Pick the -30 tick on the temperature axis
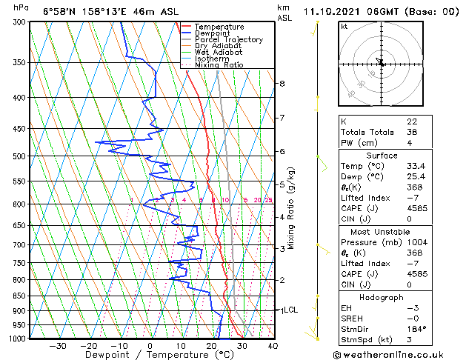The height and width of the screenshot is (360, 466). (x=58, y=345)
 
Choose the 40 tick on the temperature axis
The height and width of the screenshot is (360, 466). (x=273, y=345)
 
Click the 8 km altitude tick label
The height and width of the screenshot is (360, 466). (x=282, y=84)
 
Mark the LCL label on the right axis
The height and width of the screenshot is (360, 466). (x=290, y=310)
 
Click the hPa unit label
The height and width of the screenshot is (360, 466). (x=21, y=8)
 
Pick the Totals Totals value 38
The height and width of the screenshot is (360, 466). (x=412, y=132)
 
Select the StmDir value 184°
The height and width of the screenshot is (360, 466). (x=417, y=329)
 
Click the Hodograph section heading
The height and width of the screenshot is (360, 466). (x=382, y=297)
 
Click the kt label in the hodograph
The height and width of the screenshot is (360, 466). (x=344, y=26)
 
